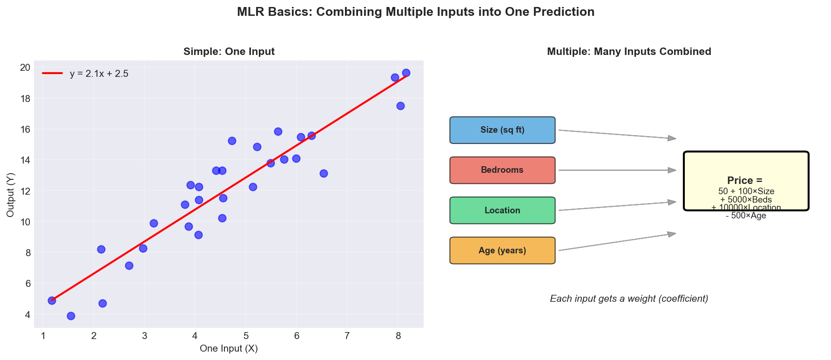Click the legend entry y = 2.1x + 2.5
point(99,74)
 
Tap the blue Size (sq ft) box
point(502,130)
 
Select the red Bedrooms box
point(502,170)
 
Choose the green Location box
point(502,211)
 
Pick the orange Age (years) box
point(502,251)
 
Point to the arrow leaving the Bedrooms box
point(617,170)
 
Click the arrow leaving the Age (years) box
point(617,242)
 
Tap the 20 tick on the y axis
point(25,68)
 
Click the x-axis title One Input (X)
point(229,348)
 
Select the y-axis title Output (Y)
point(10,194)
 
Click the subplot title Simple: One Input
point(229,52)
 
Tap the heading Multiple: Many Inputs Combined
point(629,52)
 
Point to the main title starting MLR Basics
point(415,12)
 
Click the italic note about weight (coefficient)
point(629,299)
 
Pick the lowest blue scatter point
point(71,316)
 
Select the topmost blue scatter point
point(406,73)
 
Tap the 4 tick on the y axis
point(28,315)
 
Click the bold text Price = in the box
point(745,180)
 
